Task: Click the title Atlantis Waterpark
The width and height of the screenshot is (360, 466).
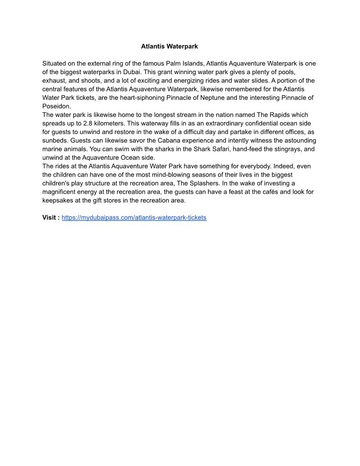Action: click(x=169, y=46)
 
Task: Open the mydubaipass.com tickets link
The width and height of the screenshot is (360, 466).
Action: click(x=134, y=218)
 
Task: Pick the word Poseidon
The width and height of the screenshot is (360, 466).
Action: click(x=56, y=106)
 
